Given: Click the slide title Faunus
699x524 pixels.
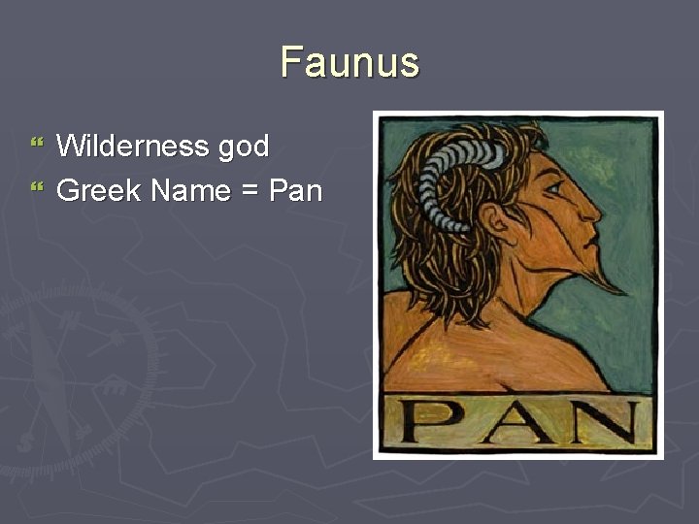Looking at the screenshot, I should click(x=349, y=62).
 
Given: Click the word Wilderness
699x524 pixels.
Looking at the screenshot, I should click(x=134, y=147).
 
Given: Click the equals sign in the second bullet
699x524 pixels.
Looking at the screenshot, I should click(x=249, y=191).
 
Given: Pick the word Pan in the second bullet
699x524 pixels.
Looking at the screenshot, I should click(x=295, y=190).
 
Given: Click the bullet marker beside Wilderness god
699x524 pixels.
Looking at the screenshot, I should click(x=38, y=145).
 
